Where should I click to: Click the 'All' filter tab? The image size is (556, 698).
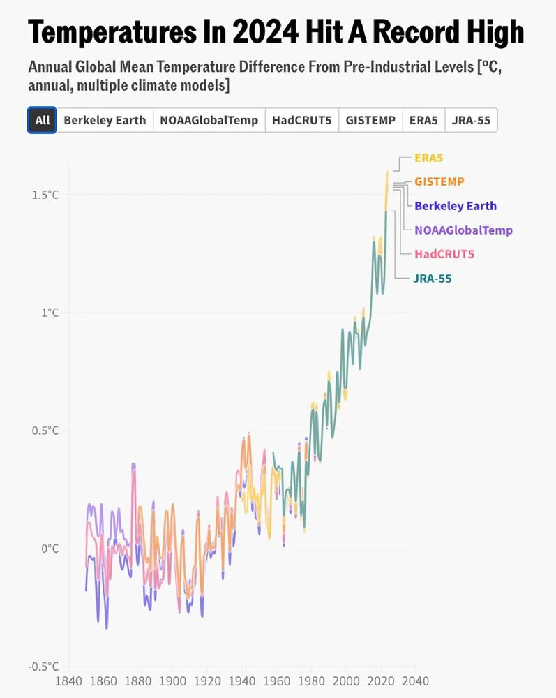[43, 120]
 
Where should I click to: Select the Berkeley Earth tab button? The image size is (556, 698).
[105, 120]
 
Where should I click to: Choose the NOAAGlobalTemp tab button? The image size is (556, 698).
[209, 120]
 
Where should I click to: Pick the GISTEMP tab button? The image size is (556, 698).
[370, 120]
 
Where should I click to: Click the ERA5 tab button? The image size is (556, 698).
[423, 120]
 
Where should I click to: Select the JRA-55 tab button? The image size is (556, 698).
[471, 120]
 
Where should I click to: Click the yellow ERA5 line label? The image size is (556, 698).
[428, 158]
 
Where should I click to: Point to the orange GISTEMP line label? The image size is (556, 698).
[439, 181]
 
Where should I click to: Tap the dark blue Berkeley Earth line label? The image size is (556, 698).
[455, 206]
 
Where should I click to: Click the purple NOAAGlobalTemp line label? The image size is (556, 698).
[463, 230]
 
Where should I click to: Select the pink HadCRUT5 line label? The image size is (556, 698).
[444, 254]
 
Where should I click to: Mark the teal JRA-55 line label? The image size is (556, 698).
[432, 279]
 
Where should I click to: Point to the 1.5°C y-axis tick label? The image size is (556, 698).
[45, 195]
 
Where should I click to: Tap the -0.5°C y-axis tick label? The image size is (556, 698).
[43, 667]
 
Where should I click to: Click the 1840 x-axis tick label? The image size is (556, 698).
[69, 681]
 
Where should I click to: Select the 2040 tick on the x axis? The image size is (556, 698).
[414, 681]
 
